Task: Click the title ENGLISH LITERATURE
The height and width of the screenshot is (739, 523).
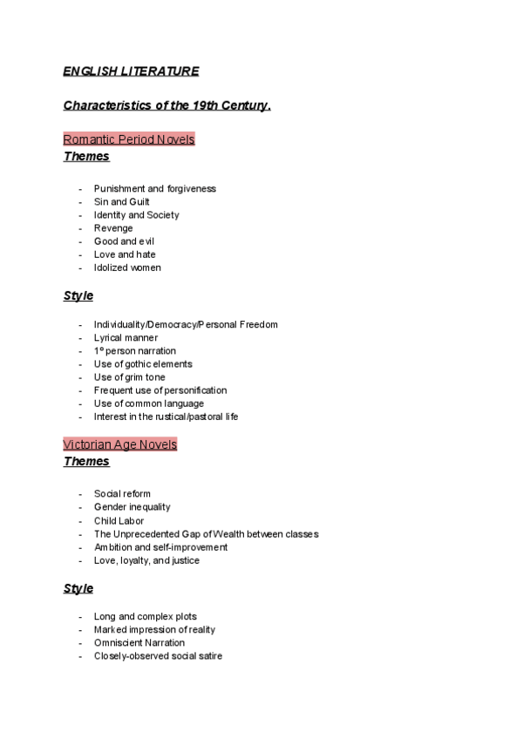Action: pos(131,71)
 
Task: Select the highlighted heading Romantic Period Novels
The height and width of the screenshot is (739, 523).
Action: pos(129,139)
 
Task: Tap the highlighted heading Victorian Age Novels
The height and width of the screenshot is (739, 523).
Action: pos(120,444)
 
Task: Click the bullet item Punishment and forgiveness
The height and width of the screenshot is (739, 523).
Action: pos(154,188)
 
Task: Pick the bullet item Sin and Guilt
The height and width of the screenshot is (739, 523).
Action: pos(121,201)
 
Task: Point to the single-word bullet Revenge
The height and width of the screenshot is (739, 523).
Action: pos(113,228)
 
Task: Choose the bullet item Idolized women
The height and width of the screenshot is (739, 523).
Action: pos(127,268)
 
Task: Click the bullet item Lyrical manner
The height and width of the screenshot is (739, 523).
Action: pos(126,337)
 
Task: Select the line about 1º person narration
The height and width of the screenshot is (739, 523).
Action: pos(134,350)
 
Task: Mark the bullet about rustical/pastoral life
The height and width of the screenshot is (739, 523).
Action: pos(166,417)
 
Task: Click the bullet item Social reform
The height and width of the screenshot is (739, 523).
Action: pos(122,494)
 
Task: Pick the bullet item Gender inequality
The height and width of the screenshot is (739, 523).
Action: pos(132,507)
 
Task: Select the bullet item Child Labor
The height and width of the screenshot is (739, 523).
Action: pos(119,521)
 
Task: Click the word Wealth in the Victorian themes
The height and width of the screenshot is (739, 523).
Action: pos(232,534)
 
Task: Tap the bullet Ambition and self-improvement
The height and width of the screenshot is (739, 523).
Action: pos(160,547)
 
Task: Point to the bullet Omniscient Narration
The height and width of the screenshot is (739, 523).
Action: pos(139,643)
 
